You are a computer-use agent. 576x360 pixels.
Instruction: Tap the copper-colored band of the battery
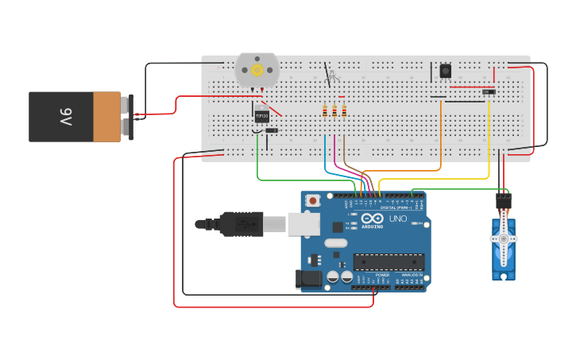tap(106, 117)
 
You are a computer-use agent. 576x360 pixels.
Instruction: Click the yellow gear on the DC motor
tap(257, 70)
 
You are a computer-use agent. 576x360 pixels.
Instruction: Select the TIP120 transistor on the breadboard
tap(261, 116)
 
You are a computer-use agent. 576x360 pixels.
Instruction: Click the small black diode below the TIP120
tap(271, 130)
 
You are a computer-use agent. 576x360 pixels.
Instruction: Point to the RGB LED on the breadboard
tap(333, 77)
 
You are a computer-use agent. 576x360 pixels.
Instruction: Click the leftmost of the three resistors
tap(324, 111)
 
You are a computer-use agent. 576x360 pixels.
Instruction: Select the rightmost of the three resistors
tap(345, 111)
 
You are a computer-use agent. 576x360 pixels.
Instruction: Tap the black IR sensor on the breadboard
tap(445, 72)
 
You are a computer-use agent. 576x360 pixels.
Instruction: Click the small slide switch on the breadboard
tap(489, 92)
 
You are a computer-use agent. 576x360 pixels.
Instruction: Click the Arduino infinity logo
tap(372, 219)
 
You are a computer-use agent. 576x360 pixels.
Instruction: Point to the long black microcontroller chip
tap(389, 262)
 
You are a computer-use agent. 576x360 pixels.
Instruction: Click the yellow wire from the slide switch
tap(489, 143)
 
